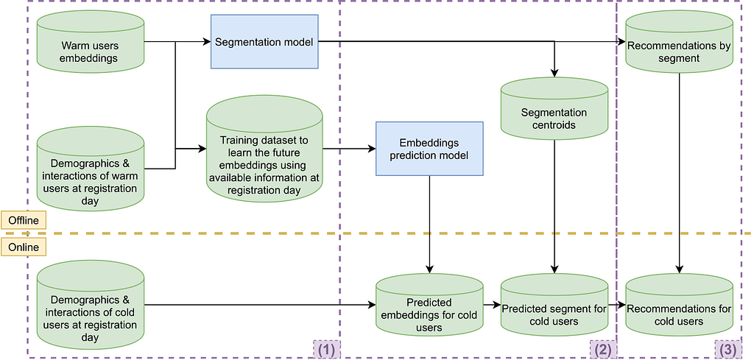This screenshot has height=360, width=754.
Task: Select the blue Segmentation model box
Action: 264,42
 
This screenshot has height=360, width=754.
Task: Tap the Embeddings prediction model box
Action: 429,149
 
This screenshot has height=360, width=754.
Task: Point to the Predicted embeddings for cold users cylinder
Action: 429,314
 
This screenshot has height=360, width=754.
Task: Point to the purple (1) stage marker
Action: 325,349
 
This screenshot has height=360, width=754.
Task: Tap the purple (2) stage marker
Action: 602,349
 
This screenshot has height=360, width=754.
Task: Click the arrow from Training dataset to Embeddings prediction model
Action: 349,149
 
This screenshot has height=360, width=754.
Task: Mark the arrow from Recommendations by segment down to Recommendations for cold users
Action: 679,169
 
